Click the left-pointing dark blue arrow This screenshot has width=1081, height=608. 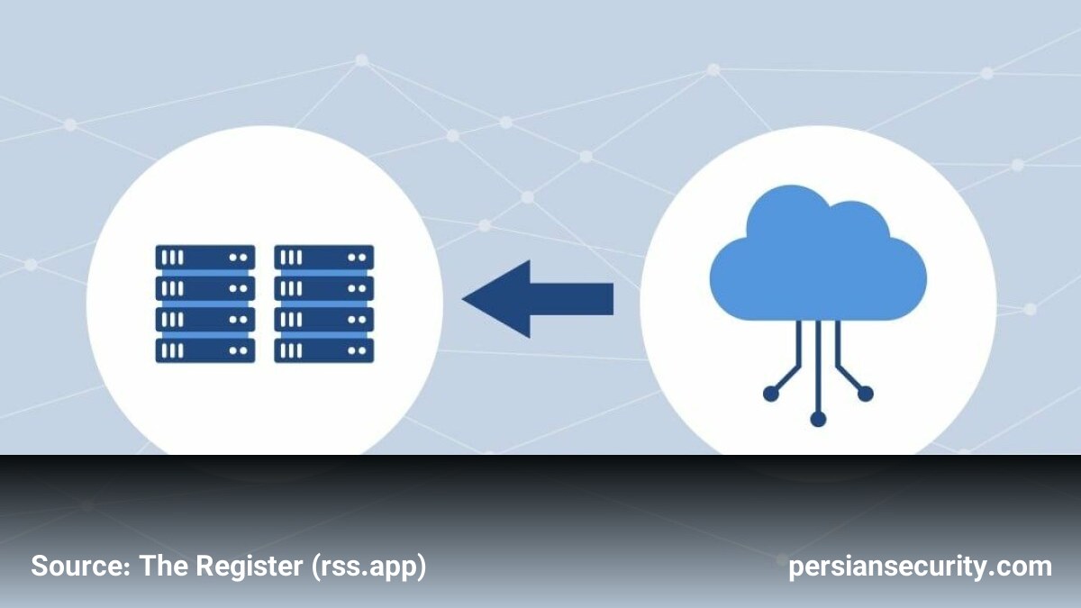(x=538, y=299)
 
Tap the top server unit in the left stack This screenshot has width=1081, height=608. (x=205, y=258)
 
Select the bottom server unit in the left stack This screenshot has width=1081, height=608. (x=205, y=350)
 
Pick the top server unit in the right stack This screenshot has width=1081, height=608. (x=323, y=258)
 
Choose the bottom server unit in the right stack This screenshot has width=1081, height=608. (x=323, y=350)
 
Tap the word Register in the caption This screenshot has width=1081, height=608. (x=249, y=566)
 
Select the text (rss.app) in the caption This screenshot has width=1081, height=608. (x=369, y=567)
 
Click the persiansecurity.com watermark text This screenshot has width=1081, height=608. (x=920, y=567)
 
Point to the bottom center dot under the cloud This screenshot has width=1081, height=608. (x=818, y=419)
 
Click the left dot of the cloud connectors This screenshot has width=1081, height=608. (x=771, y=394)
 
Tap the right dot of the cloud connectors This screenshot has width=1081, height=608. (x=866, y=394)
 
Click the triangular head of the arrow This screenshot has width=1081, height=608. (x=506, y=299)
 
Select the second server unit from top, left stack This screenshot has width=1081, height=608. (x=205, y=288)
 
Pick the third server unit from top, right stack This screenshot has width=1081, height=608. (x=323, y=320)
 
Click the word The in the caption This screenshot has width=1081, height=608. (x=163, y=566)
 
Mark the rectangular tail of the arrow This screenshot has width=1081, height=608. (x=572, y=299)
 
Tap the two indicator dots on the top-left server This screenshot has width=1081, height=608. (x=239, y=258)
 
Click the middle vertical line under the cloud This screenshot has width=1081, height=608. (x=818, y=367)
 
